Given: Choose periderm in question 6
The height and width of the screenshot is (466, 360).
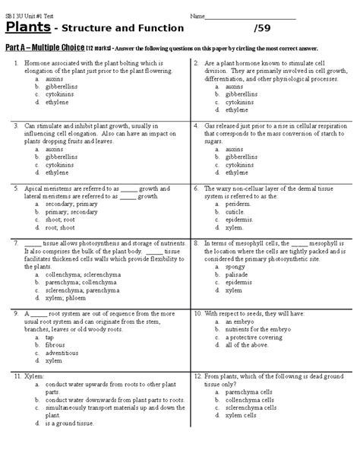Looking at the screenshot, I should (x=238, y=204).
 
